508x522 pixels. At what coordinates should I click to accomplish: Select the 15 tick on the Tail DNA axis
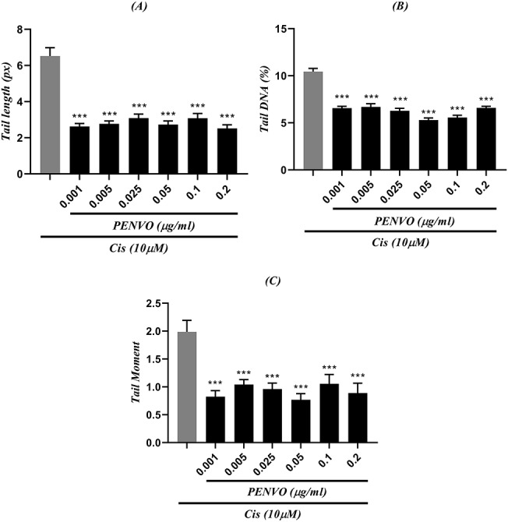coord(291,30)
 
